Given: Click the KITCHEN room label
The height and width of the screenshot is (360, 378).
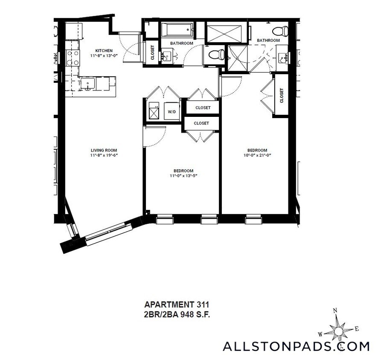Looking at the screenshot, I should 104,50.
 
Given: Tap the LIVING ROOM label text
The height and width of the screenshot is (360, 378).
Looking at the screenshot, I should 104,150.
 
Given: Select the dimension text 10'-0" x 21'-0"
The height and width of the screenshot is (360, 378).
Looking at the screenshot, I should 257,155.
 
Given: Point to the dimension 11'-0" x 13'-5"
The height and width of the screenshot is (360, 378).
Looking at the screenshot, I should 183,175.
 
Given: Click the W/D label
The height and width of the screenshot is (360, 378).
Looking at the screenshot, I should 172,112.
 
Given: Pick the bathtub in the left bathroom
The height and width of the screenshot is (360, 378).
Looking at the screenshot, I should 177,30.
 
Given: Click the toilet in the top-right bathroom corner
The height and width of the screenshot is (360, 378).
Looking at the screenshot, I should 281,31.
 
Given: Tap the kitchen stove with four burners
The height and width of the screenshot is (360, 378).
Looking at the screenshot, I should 73,58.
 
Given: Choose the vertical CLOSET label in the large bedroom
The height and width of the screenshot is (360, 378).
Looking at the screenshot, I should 282,96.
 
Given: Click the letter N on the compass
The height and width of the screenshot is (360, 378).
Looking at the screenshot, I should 335,311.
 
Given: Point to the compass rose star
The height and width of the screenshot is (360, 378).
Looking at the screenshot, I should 338,330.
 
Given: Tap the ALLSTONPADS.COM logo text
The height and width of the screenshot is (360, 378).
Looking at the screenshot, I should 296,345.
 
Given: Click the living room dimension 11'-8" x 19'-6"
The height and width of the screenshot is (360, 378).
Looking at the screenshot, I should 104,155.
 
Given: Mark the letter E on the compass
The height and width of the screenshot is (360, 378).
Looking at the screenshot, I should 357,328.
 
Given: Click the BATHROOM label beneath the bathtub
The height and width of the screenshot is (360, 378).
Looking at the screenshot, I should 182,44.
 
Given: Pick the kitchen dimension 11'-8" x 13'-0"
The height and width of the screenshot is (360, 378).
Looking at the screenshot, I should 104,55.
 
